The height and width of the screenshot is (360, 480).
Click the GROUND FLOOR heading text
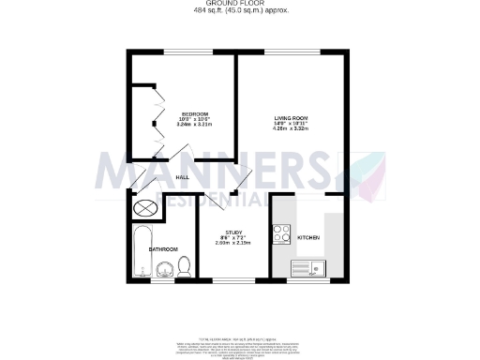pyautogui.click(x=240, y=4)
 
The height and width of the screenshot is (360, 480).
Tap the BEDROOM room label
pyautogui.click(x=194, y=114)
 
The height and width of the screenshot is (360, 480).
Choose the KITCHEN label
pyautogui.click(x=308, y=238)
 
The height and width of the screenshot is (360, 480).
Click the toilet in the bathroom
pyautogui.click(x=184, y=266)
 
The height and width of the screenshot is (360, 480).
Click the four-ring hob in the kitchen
pyautogui.click(x=282, y=232)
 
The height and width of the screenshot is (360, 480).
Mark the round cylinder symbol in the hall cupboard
pyautogui.click(x=145, y=209)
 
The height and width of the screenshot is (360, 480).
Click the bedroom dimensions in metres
pyautogui.click(x=194, y=125)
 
